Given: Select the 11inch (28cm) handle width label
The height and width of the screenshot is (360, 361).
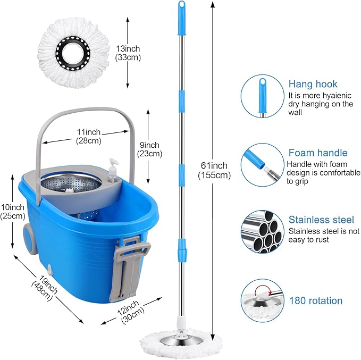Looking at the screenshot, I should point(88,136).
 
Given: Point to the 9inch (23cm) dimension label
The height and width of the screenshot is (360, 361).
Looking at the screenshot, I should point(149,149).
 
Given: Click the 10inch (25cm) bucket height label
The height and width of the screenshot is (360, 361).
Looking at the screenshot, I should point(12,211).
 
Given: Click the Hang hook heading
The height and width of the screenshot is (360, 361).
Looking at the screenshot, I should point(313,84).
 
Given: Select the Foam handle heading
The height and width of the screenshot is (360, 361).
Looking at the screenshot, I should point(317,153).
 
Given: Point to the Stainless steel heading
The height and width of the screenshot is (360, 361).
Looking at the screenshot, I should point(321,219).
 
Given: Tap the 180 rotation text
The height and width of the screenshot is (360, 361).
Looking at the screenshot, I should point(316,300).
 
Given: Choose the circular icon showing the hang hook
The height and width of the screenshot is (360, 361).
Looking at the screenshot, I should point(260,96).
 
